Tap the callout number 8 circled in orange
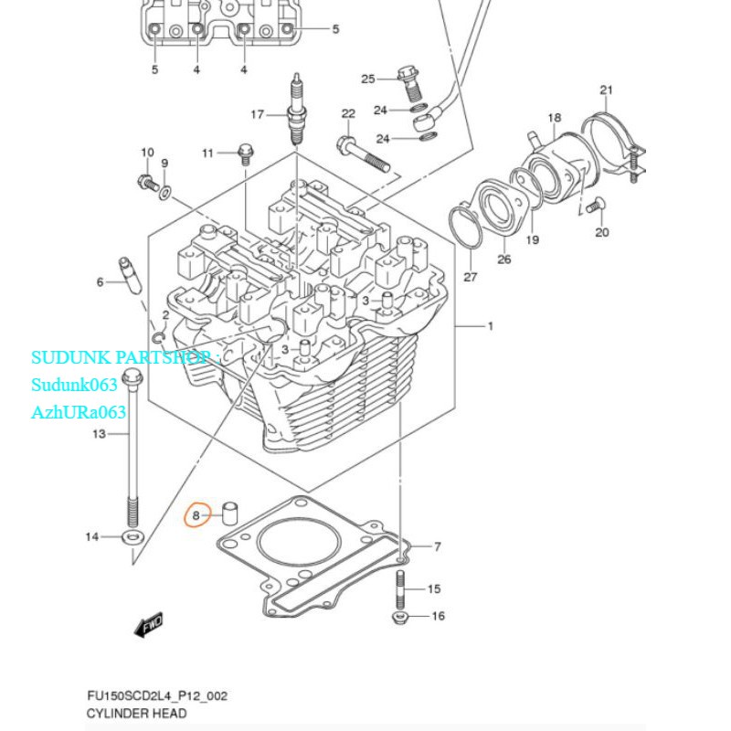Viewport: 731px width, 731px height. [x=196, y=515]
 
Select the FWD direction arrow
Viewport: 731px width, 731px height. [x=147, y=626]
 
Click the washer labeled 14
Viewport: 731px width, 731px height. [x=131, y=536]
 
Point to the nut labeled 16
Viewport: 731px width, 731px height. [x=398, y=618]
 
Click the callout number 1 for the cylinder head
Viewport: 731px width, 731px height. [x=489, y=326]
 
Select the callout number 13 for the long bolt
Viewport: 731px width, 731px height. [x=100, y=434]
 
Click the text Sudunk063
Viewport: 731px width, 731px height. [x=74, y=385]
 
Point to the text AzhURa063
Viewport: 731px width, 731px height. [x=79, y=412]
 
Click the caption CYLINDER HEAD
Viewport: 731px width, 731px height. [x=136, y=714]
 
